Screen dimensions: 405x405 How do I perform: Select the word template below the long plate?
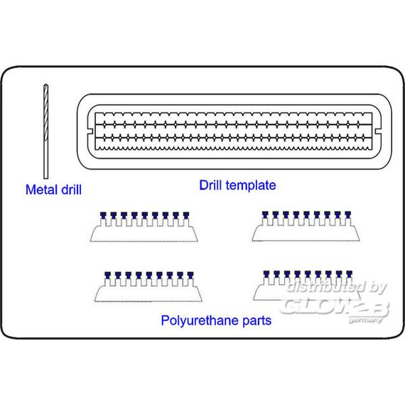(251, 185)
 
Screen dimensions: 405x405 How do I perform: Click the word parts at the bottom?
(257, 321)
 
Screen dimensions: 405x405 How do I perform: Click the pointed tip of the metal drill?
(45, 85)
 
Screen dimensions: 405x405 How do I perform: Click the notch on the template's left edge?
(90, 131)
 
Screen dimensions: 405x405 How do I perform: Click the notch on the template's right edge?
(378, 131)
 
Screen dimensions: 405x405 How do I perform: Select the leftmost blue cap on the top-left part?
(103, 215)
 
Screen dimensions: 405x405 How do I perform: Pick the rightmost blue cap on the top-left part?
(186, 215)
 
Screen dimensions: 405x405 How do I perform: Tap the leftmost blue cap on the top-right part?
(265, 215)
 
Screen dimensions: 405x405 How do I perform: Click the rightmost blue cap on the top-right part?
(348, 215)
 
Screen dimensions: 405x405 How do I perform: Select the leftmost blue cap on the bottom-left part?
(108, 275)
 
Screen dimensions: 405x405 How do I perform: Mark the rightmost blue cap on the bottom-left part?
(190, 275)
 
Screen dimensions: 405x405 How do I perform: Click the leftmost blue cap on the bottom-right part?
(266, 274)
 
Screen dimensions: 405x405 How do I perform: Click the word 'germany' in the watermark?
(365, 320)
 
